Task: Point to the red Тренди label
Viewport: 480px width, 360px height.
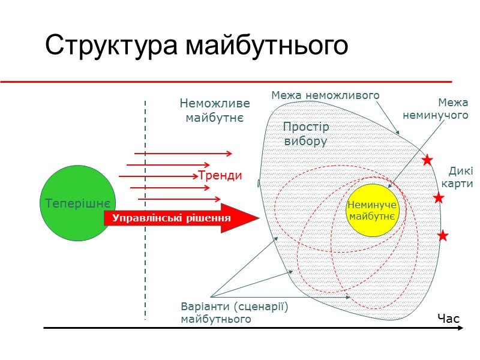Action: coord(220,176)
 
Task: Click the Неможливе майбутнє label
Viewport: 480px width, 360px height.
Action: coord(215,110)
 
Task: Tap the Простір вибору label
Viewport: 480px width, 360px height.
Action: coord(306,134)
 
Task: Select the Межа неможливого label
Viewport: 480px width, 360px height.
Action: coord(325,95)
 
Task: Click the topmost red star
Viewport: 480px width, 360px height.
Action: coord(427,160)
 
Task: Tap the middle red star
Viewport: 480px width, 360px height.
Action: coord(439,198)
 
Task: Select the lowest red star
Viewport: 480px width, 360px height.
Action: coord(443,236)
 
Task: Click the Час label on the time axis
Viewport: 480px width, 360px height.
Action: coord(448,319)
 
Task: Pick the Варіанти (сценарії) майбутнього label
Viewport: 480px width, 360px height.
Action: coord(235,313)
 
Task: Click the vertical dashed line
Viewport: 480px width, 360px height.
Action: coord(145,252)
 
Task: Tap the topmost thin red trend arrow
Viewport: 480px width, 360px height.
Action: coord(183,154)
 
